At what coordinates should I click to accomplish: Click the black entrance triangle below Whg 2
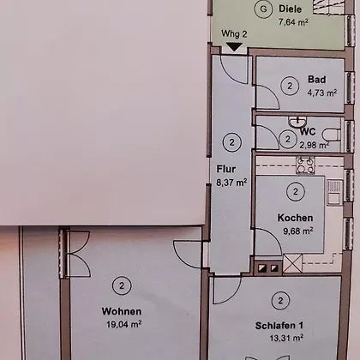click(x=234, y=47)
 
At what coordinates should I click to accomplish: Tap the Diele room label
click(x=290, y=9)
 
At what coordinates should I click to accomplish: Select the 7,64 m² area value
click(x=293, y=21)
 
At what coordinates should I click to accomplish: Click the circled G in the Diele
click(x=263, y=9)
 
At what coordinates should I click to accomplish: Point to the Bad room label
click(x=316, y=79)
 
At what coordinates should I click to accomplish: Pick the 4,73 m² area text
click(x=322, y=93)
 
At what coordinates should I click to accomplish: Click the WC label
click(x=308, y=132)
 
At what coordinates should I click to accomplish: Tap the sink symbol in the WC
click(x=297, y=122)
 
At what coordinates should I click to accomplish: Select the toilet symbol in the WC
click(x=332, y=135)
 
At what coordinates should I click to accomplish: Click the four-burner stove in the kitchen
click(x=305, y=165)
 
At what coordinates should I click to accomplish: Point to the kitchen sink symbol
click(x=335, y=192)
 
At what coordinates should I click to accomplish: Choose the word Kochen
click(x=295, y=218)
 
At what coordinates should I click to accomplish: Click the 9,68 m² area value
click(x=298, y=231)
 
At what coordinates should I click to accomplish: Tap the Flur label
click(x=226, y=169)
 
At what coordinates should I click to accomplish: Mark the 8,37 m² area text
click(x=231, y=183)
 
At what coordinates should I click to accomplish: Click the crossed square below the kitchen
click(x=292, y=263)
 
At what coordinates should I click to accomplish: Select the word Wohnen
click(x=122, y=311)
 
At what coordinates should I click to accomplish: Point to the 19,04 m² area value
click(x=124, y=324)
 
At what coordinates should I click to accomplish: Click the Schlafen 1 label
click(x=279, y=326)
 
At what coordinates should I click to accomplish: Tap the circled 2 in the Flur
click(x=231, y=142)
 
